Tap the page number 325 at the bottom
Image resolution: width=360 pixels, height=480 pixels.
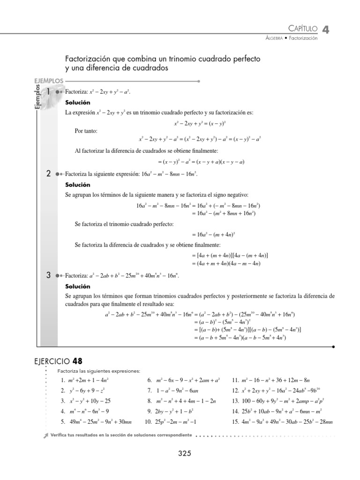pos(185,453)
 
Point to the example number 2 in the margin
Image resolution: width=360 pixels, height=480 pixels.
pos(48,174)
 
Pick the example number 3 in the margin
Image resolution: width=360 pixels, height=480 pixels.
pos(48,276)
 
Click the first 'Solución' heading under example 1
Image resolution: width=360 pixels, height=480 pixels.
pos(77,102)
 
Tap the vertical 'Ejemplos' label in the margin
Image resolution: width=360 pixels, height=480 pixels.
pos(37,98)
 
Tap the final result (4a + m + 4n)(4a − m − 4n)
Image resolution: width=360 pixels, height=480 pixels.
pos(226,263)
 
